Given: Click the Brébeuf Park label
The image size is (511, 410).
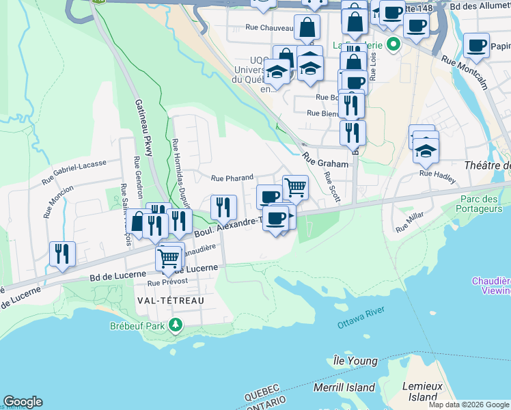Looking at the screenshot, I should point(137,326).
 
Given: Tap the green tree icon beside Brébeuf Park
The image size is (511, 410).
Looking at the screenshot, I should point(176,324).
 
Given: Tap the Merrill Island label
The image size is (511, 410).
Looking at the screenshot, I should point(344,387).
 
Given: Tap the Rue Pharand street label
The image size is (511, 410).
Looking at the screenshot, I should point(232,178).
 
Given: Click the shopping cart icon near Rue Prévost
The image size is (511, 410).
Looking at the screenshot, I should point(168,258).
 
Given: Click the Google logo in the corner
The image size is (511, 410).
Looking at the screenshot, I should point(23,402).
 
